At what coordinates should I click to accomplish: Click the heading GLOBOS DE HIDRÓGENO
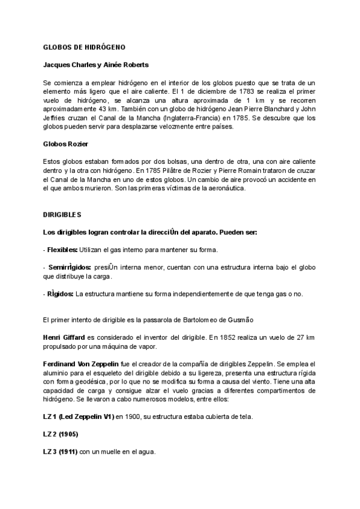tap(83, 47)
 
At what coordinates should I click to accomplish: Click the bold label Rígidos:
tap(60, 294)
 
